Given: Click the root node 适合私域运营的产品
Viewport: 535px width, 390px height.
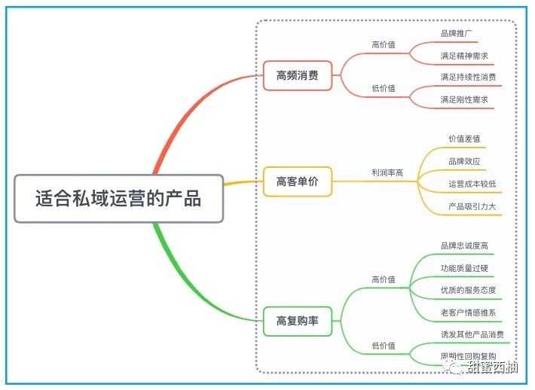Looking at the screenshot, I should pos(119,199).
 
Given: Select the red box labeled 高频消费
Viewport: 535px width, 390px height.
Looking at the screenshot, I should pos(298,75).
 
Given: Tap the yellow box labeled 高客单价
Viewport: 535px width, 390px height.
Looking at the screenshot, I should pos(298,181).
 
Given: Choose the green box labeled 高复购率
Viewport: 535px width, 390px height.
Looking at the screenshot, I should pos(298,321).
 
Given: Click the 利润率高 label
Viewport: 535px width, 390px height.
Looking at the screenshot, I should pos(387,173).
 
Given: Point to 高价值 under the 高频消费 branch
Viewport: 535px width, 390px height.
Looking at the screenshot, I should pos(384,44).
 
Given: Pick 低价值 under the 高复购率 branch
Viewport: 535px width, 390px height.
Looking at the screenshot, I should pos(384,345).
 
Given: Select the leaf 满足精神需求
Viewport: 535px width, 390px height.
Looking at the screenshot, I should pos(464,56).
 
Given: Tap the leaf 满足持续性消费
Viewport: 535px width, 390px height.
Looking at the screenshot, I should pos(468,77).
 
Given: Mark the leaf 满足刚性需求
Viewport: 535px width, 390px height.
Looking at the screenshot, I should pos(464,99).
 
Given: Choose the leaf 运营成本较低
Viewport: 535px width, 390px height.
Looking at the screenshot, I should pos(472,183).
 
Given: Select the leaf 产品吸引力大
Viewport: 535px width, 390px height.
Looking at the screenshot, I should pos(472,206).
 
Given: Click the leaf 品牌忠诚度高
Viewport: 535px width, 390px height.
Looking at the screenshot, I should pos(464,245).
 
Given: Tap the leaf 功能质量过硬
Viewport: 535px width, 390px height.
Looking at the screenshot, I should pos(464,268).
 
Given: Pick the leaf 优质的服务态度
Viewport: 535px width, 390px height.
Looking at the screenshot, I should pos(468,290).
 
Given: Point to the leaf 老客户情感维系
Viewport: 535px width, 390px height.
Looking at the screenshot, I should pos(468,312).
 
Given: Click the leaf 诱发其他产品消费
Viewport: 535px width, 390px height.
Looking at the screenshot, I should pos(472,334).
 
